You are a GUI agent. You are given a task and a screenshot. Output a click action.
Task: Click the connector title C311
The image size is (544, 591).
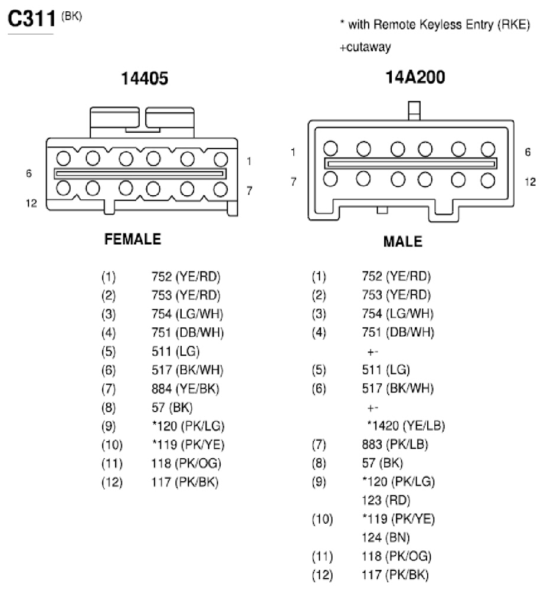(x=32, y=18)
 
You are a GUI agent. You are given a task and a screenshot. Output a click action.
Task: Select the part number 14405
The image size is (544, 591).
(x=145, y=78)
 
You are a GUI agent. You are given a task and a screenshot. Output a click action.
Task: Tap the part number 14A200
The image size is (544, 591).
(x=415, y=77)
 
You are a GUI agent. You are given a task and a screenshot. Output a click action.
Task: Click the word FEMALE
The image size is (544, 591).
(x=133, y=239)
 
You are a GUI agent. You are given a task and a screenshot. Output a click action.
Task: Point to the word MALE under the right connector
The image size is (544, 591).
(x=402, y=241)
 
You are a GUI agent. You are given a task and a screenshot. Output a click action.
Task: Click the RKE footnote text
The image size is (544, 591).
(x=435, y=25)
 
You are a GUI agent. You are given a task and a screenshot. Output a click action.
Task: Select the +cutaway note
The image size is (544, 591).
(x=365, y=47)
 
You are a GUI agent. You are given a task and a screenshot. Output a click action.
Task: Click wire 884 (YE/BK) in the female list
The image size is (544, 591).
(x=185, y=389)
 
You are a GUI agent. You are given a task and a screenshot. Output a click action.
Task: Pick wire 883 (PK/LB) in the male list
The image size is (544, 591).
(x=395, y=444)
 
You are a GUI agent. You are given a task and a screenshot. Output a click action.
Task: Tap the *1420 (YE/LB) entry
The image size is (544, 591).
(x=406, y=425)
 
